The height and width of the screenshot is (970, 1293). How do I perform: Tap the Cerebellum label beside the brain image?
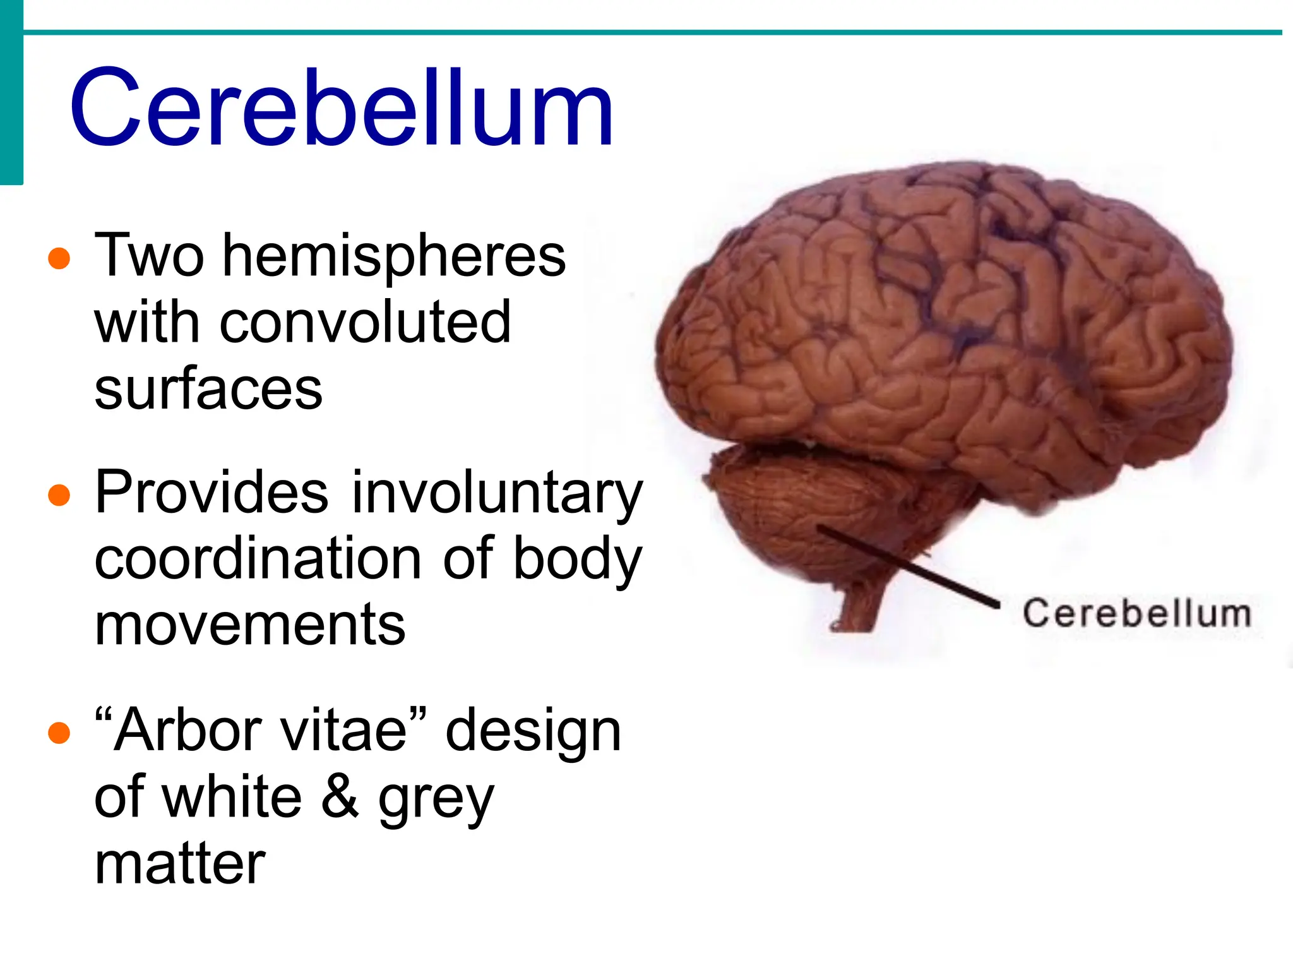(x=1136, y=613)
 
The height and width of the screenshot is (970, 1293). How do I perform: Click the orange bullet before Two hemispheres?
(x=59, y=258)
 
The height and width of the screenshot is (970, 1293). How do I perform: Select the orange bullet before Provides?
(x=59, y=495)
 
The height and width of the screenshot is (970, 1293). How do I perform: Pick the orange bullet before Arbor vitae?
(x=59, y=733)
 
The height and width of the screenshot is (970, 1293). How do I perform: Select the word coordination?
(x=258, y=559)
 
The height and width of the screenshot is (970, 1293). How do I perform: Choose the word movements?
(x=250, y=625)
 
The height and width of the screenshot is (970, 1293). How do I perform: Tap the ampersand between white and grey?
(x=340, y=797)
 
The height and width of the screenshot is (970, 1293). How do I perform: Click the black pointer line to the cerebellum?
(x=909, y=565)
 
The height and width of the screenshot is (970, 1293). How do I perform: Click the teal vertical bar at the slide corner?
(x=11, y=92)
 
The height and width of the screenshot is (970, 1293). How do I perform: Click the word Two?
(x=150, y=256)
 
